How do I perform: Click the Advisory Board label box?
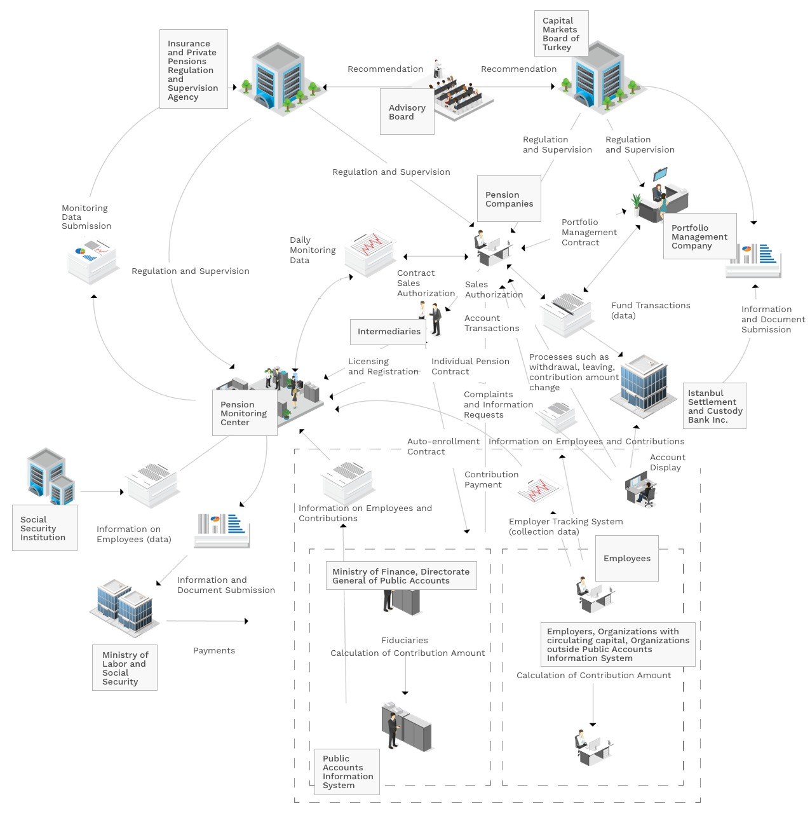point(407,112)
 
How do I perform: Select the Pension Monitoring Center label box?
point(245,413)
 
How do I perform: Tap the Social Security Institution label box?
point(44,528)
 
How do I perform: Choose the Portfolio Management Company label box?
point(699,236)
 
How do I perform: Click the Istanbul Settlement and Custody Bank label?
point(715,406)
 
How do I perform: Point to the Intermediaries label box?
point(388,332)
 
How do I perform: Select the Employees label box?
point(626,559)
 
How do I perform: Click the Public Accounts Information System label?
point(347,772)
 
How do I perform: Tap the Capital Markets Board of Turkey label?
point(561,34)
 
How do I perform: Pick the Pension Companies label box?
point(509,199)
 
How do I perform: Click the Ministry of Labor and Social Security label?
point(125,668)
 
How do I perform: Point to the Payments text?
point(214,651)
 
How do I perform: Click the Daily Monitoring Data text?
point(313,250)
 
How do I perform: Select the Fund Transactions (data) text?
point(650,310)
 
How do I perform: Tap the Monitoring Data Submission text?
point(86,217)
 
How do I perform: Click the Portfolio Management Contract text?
point(589,233)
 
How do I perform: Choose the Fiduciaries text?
point(405,641)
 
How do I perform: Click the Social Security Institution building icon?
point(51,475)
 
